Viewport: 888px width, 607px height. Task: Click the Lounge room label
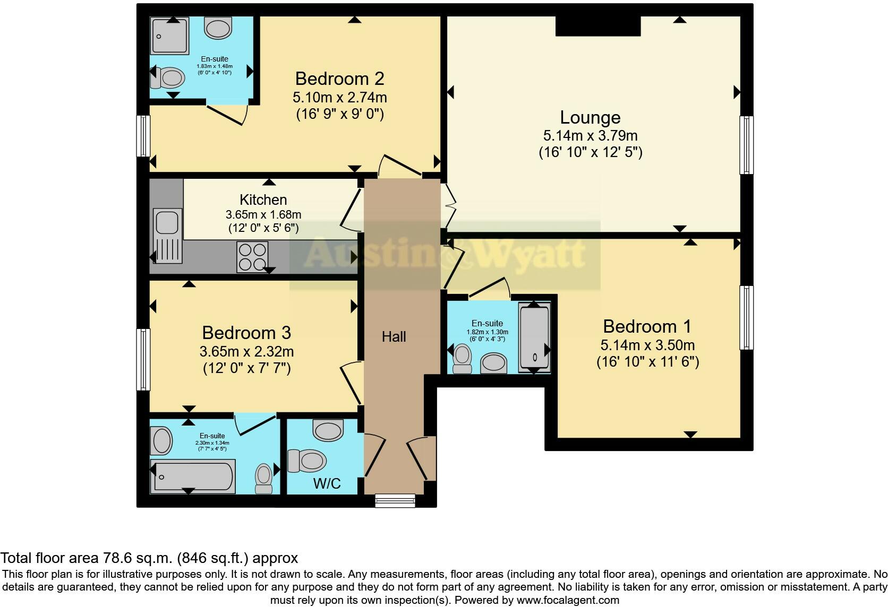(590, 118)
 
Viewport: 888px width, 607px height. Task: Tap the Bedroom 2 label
(339, 79)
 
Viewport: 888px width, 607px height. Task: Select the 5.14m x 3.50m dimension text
(647, 345)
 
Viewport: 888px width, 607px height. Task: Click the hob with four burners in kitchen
(252, 256)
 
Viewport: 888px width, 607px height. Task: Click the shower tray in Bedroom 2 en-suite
(170, 36)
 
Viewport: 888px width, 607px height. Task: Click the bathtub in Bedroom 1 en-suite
(534, 337)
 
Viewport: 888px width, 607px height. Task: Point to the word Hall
(394, 336)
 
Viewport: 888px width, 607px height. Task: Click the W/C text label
(327, 483)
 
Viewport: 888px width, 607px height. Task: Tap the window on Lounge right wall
(746, 145)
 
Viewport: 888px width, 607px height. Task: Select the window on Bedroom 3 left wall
(143, 359)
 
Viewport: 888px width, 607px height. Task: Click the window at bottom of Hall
(395, 500)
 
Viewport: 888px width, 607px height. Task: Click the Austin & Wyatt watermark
(445, 254)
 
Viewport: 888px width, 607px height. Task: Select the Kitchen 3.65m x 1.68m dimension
(263, 215)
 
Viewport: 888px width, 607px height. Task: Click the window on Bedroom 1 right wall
(746, 317)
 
